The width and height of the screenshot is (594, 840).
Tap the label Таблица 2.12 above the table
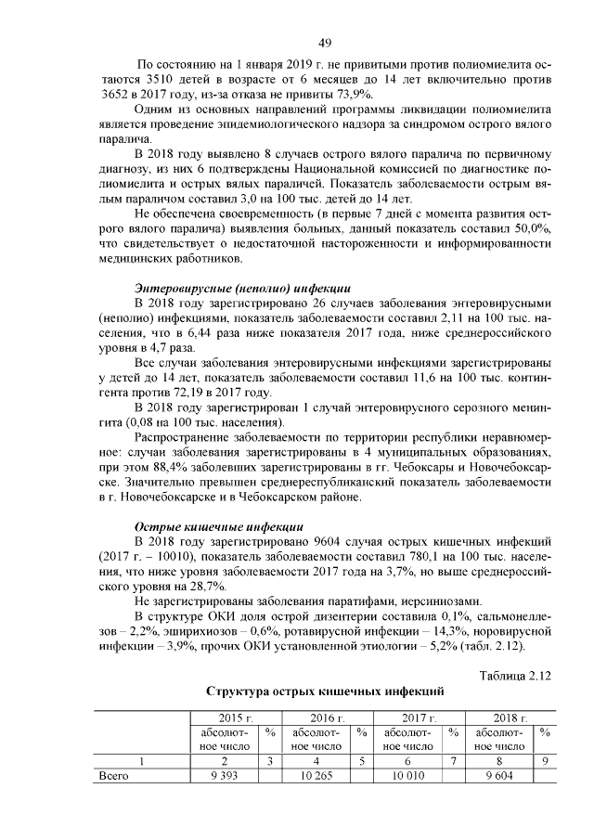point(515,675)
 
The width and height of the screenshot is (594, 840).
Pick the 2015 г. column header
point(235,718)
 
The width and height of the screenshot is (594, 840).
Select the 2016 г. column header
point(327,718)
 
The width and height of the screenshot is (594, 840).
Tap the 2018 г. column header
point(510,718)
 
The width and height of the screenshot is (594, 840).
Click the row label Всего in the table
point(114,776)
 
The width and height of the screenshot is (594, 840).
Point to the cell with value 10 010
point(407,776)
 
